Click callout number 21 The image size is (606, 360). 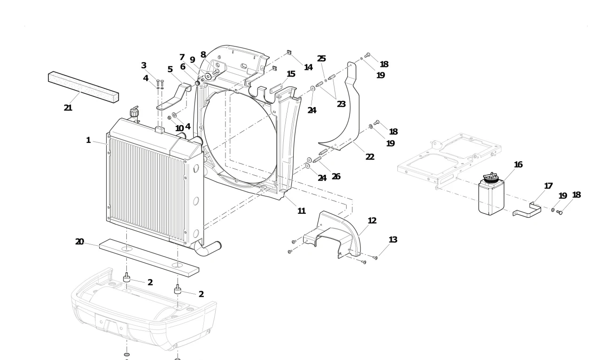click(x=68, y=108)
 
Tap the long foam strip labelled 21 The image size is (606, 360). click(x=83, y=86)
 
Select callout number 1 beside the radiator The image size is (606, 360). click(x=88, y=140)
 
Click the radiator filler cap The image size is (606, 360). click(x=135, y=113)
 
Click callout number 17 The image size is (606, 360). click(x=548, y=186)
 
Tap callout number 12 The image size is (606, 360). click(x=372, y=220)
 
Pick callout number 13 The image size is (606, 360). click(x=393, y=240)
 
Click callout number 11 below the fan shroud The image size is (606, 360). click(x=302, y=211)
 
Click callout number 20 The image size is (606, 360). click(x=79, y=242)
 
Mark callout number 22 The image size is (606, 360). click(x=370, y=157)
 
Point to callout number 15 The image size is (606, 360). click(x=291, y=74)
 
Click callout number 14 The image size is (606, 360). click(x=308, y=67)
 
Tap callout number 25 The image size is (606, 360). click(x=321, y=59)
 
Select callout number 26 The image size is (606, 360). click(x=336, y=177)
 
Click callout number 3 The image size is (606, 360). click(x=144, y=65)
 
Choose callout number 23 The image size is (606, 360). click(x=341, y=104)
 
